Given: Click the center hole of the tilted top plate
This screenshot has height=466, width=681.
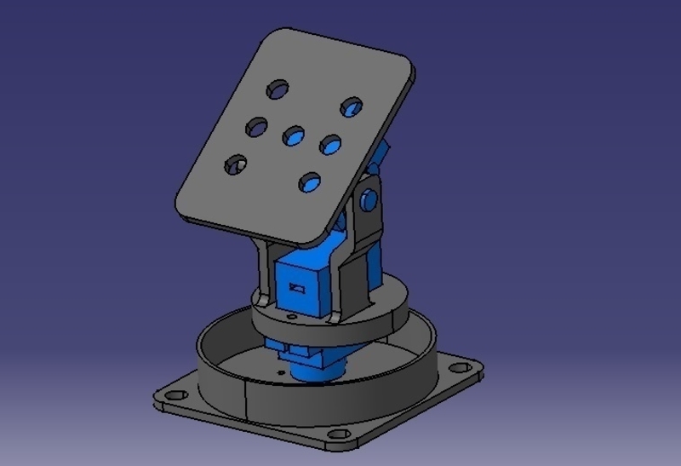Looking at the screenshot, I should pyautogui.click(x=294, y=135).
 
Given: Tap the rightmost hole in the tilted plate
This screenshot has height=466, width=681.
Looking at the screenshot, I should pyautogui.click(x=352, y=107).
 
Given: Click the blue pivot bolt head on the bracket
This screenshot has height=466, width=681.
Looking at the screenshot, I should pyautogui.click(x=369, y=200).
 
